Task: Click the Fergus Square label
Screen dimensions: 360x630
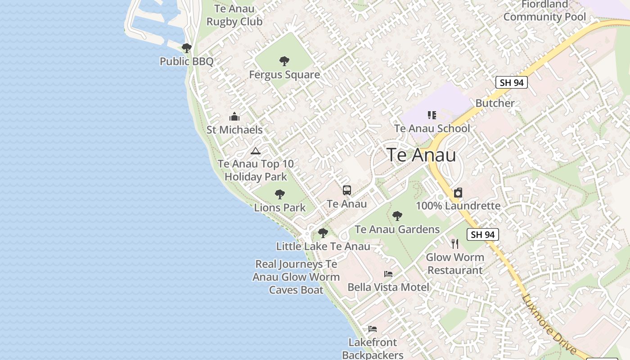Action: (284, 75)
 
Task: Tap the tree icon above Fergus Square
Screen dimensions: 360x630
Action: (284, 61)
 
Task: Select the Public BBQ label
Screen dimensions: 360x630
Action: (187, 61)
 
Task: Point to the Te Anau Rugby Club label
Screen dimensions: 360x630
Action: (234, 15)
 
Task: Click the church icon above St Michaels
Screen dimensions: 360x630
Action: (234, 117)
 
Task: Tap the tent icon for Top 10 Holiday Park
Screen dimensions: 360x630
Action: (256, 151)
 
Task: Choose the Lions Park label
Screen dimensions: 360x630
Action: (280, 207)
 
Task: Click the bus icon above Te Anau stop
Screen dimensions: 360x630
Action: (346, 190)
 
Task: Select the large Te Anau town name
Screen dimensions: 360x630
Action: (421, 155)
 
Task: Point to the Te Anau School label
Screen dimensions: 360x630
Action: (432, 128)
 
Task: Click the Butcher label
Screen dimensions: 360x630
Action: (495, 103)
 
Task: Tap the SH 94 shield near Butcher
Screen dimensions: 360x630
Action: (511, 82)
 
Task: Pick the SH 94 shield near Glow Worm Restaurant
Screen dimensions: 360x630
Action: (483, 234)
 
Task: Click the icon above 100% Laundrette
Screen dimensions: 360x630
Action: (458, 193)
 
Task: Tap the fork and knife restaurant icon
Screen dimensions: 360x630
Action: (455, 244)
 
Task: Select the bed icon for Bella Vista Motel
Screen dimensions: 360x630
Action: (388, 274)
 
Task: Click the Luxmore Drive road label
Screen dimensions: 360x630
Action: (549, 324)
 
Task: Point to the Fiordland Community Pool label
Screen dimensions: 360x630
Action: (544, 11)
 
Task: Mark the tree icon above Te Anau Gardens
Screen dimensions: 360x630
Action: (397, 216)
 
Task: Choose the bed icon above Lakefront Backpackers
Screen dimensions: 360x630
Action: (373, 329)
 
